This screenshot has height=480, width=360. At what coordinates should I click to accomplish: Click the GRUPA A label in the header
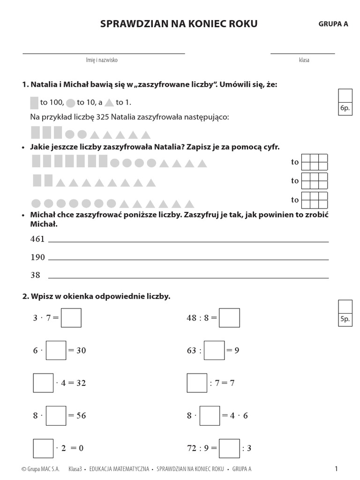pos(333,24)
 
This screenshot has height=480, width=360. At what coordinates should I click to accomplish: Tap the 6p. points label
pos(345,108)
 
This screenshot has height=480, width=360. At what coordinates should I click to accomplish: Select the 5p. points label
pos(345,319)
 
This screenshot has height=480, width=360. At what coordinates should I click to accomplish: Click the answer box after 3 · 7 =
pos(71,318)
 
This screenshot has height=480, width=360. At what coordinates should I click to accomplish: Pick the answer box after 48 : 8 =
pos(230,318)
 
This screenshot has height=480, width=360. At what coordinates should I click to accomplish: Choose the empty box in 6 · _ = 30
pos(56,350)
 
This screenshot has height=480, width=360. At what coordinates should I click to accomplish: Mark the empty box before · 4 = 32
pos(43,382)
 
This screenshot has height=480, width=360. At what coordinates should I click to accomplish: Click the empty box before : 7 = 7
pos(197,382)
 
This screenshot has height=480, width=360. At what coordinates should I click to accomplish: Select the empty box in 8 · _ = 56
pos(56,415)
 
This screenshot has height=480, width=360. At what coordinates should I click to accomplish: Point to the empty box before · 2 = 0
pos(43,448)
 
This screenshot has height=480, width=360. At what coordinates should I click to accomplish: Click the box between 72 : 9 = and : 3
pos(230,448)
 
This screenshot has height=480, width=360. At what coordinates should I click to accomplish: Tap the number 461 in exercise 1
pos(37,239)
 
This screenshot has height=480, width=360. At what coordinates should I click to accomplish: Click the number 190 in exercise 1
pos(37,257)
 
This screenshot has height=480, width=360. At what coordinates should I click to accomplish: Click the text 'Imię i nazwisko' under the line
pos(102,60)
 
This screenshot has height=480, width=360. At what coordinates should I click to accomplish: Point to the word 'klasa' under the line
pos(304,60)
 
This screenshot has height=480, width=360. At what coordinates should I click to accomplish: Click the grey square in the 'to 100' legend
pos(34,103)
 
